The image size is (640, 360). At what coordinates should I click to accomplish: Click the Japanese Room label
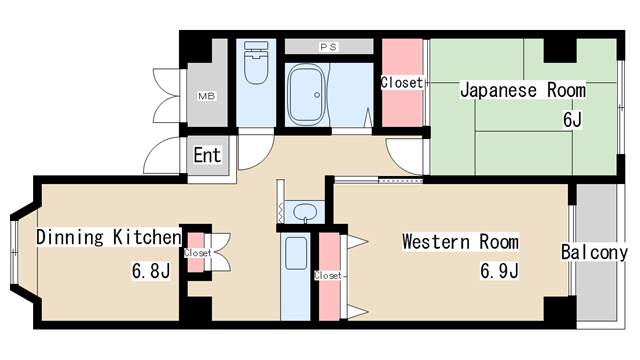pos(523,90)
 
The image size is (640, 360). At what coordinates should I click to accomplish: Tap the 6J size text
pos(572,120)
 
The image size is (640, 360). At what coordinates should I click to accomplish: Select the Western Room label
pos(460,242)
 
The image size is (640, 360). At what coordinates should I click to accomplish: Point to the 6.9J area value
pos(499,271)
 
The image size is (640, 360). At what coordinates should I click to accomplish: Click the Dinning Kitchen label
pos(109,237)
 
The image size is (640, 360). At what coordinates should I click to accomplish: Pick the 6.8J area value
pos(151,271)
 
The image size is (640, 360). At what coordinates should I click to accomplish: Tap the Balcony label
pos(594,252)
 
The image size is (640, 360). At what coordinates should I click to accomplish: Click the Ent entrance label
pos(207,155)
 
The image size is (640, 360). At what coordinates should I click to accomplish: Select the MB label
pos(207,96)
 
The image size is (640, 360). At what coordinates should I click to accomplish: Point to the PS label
pos(329,47)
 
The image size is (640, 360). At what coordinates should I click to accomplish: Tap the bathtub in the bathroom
pos(306,95)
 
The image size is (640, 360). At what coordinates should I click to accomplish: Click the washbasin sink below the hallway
pos(305,212)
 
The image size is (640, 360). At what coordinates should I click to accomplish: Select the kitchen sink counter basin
pos(296,253)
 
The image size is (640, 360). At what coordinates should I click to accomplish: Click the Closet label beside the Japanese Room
pos(402,83)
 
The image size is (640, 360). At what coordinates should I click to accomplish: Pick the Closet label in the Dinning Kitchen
pos(198,253)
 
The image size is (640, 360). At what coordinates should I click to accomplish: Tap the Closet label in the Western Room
pos(328,276)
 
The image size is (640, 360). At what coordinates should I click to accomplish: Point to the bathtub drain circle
pos(317,95)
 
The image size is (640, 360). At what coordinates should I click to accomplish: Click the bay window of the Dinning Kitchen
pos(14,253)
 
